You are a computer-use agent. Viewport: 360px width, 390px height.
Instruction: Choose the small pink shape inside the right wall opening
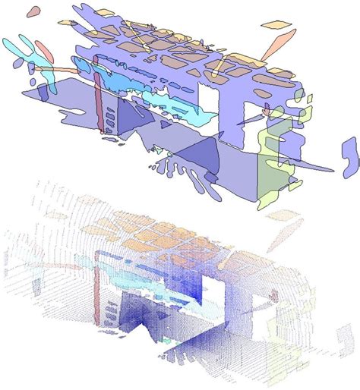(266, 112)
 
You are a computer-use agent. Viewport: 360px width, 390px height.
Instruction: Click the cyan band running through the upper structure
(137, 83)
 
